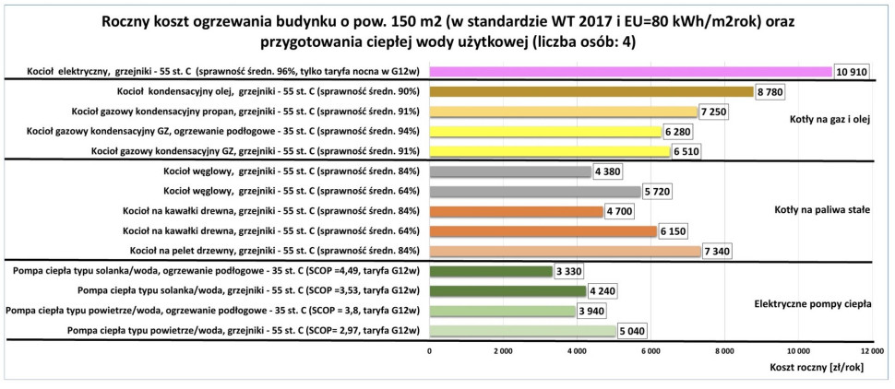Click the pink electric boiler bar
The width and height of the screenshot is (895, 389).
click(630, 72)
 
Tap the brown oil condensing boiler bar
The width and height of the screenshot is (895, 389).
click(591, 91)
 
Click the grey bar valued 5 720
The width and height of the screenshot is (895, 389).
click(535, 191)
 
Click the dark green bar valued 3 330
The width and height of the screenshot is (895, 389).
click(491, 271)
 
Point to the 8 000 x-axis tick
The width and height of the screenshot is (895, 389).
click(723, 351)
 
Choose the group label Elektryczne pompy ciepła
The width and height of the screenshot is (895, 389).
click(813, 301)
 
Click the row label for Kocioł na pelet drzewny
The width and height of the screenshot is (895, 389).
click(275, 251)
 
